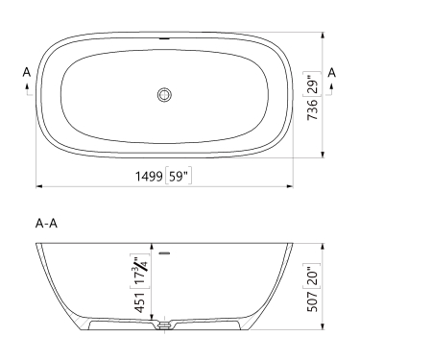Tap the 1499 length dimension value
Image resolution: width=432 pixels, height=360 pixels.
click(x=148, y=176)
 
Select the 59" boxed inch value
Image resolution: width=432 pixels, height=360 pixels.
click(x=178, y=176)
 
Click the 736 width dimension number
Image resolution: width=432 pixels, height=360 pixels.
click(x=311, y=118)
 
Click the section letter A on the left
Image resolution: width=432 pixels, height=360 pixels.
click(x=27, y=72)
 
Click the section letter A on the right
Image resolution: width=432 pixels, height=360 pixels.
click(x=331, y=72)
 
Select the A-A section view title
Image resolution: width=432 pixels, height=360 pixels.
click(x=47, y=224)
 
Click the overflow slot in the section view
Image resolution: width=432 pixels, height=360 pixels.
click(x=165, y=253)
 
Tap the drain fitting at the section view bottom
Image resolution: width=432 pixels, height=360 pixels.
click(x=164, y=325)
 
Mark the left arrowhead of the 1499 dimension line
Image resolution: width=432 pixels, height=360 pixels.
click(x=39, y=185)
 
